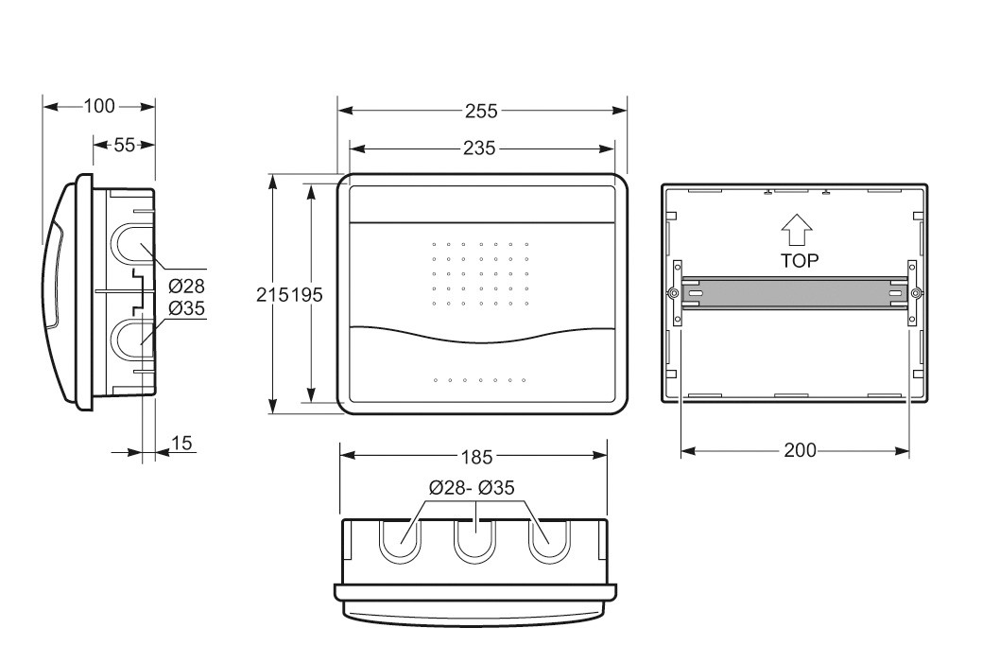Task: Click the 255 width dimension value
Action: point(481,111)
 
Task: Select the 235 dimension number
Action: point(479,148)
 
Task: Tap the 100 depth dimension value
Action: point(99,107)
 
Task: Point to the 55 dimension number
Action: point(124,145)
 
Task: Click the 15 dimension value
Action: point(181,444)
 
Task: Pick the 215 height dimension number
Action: point(273,294)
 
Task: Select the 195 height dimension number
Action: point(306,294)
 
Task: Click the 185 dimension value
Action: point(476,458)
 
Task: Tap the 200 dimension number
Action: point(800,450)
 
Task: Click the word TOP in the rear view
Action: point(800,261)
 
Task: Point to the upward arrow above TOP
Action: point(797,230)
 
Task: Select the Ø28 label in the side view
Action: point(186,287)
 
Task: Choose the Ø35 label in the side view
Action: point(186,308)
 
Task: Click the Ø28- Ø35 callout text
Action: point(472,487)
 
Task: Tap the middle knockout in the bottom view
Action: point(475,541)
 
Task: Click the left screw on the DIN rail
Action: point(672,292)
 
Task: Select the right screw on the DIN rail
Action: point(916,292)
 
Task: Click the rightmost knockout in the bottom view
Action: point(549,541)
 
